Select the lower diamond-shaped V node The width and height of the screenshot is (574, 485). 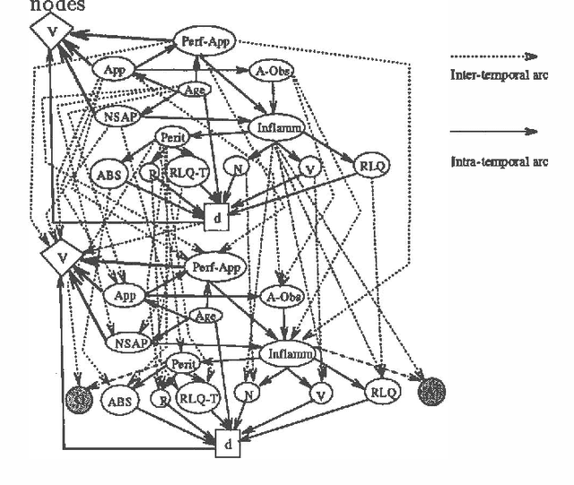[x=61, y=256]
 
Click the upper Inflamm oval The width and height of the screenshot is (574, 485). [x=277, y=128]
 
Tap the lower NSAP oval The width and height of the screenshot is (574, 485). [x=131, y=342]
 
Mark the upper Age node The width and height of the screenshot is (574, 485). [x=196, y=90]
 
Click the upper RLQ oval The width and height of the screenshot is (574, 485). [x=370, y=166]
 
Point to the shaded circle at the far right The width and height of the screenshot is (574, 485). [x=433, y=391]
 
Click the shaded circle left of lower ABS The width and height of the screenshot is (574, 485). [x=80, y=395]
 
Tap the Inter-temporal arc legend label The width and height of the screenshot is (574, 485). [x=498, y=76]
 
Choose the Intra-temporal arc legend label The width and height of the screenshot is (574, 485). [x=498, y=162]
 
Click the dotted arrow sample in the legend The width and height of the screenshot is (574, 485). [x=493, y=56]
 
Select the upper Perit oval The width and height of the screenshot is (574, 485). [x=171, y=136]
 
